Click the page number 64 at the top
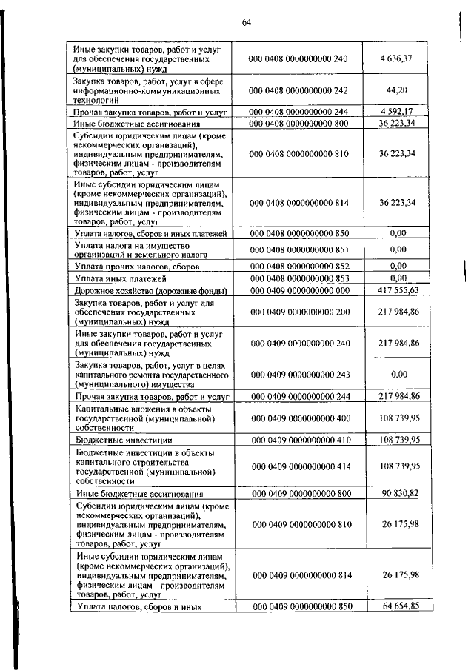pos(247,22)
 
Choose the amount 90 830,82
pos(398,492)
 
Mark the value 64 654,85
pos(398,606)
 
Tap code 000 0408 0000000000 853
pos(298,278)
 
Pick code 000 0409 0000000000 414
pos(298,466)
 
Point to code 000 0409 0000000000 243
pos(298,375)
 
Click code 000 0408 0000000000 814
pos(298,202)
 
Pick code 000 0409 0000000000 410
pos(298,440)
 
